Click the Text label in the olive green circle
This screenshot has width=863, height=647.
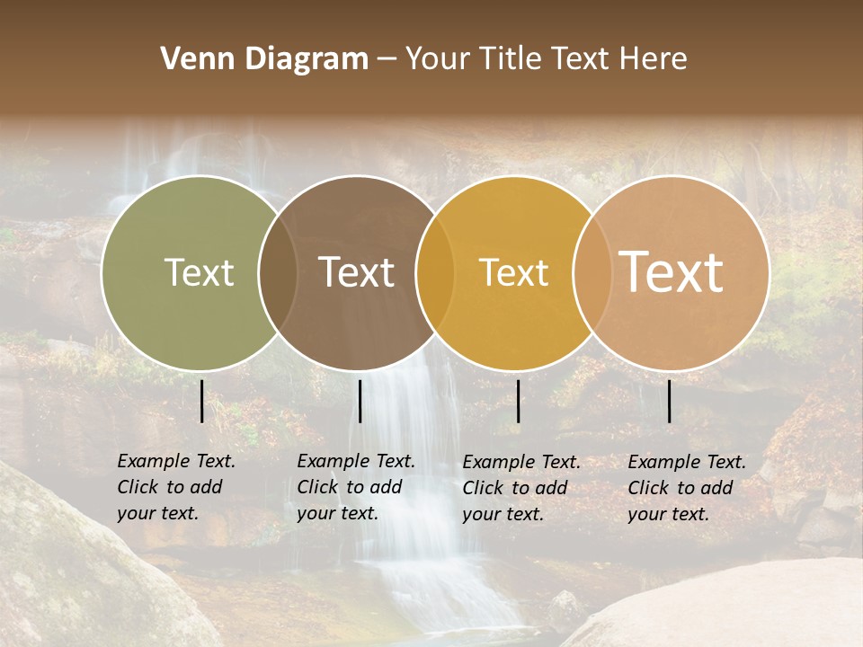(199, 272)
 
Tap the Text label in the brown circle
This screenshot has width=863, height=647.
(357, 272)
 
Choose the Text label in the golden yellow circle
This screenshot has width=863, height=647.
(513, 272)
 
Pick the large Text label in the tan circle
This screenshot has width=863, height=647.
(671, 271)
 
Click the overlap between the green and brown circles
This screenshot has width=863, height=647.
(278, 272)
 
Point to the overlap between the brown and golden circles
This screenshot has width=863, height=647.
(435, 272)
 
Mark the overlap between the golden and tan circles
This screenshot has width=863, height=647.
(592, 272)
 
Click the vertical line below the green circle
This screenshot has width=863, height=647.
(201, 401)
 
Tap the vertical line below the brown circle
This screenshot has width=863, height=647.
(360, 401)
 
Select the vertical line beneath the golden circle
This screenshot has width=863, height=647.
(518, 401)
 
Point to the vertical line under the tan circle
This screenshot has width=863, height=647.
(670, 401)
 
